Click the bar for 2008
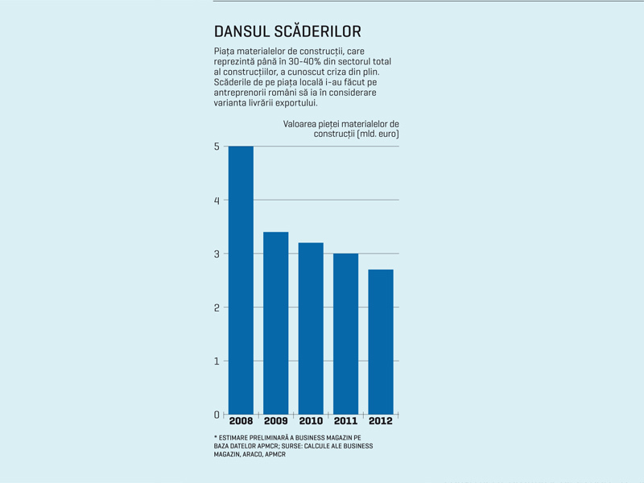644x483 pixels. click(x=241, y=280)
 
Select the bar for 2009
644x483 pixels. click(x=275, y=324)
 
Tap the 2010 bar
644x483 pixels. click(x=311, y=328)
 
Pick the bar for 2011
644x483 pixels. click(x=346, y=334)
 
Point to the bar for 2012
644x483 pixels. click(x=381, y=342)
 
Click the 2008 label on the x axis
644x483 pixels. click(x=241, y=421)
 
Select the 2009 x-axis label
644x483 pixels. click(x=276, y=421)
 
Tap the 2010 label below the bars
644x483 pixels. click(x=311, y=421)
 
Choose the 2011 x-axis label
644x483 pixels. click(x=346, y=421)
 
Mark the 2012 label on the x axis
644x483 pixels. click(x=381, y=421)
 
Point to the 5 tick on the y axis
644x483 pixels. click(x=217, y=147)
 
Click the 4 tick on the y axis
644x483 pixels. click(x=217, y=200)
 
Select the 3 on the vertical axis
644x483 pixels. click(x=217, y=254)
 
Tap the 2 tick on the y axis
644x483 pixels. click(x=217, y=308)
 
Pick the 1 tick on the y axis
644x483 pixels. click(x=217, y=361)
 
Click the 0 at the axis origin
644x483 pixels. click(x=217, y=415)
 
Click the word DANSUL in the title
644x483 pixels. click(x=242, y=31)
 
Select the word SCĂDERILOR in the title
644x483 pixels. click(x=317, y=31)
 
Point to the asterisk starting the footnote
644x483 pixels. click(x=216, y=437)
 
